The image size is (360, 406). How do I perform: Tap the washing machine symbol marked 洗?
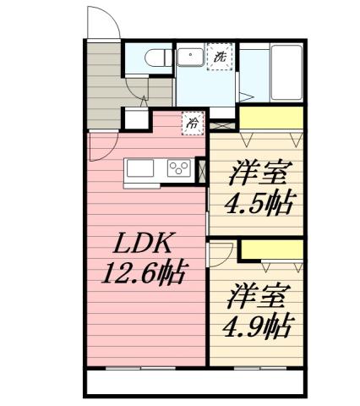[x=220, y=58]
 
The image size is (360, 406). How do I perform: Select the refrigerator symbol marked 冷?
[x=194, y=123]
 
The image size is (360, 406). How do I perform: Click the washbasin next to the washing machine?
[x=188, y=59]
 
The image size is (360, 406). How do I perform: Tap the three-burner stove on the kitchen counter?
[x=179, y=167]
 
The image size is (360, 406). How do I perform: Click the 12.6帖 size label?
[x=144, y=273]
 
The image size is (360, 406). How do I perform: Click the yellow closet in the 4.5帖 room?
[x=271, y=118]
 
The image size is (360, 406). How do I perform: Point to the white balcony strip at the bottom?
[x=194, y=386]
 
